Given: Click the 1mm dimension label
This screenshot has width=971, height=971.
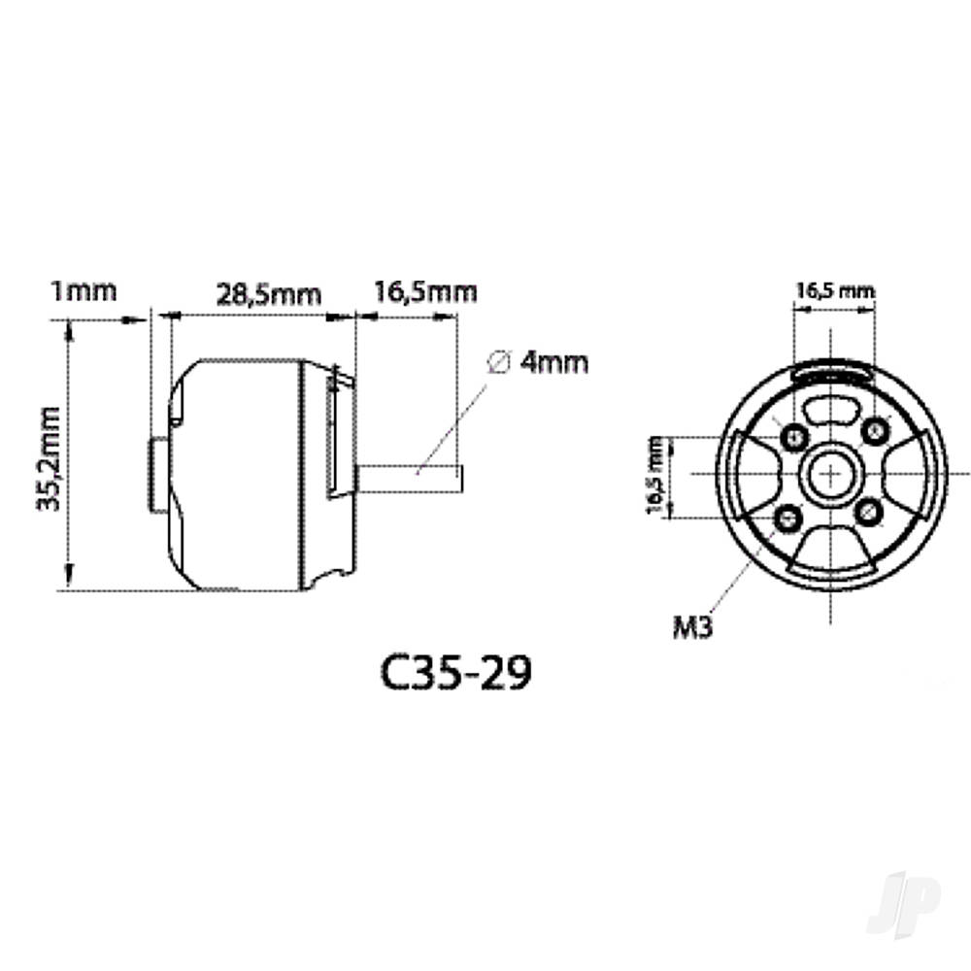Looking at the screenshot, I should click(x=84, y=290).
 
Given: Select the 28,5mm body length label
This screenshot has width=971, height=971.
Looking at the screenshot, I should click(x=267, y=295).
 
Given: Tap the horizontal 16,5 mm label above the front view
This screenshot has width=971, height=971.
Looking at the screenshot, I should click(x=834, y=290).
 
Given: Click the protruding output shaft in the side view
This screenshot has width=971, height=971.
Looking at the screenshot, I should click(x=412, y=477).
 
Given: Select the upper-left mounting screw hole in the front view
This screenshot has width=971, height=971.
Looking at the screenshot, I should click(x=792, y=434).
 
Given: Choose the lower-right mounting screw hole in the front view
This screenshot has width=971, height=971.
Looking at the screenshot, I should click(x=871, y=512).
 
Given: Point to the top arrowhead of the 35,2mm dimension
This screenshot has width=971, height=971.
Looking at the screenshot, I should click(x=68, y=331).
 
